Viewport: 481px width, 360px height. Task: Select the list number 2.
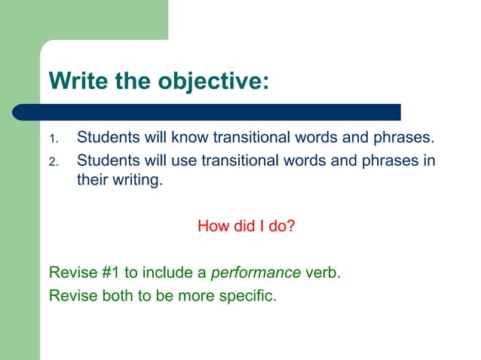(x=53, y=163)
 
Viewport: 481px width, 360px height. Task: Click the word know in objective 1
(x=191, y=139)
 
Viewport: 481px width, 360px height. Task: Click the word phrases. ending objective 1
(x=408, y=139)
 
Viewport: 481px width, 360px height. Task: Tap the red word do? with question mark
(x=279, y=225)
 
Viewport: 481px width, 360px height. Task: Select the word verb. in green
(x=323, y=272)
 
